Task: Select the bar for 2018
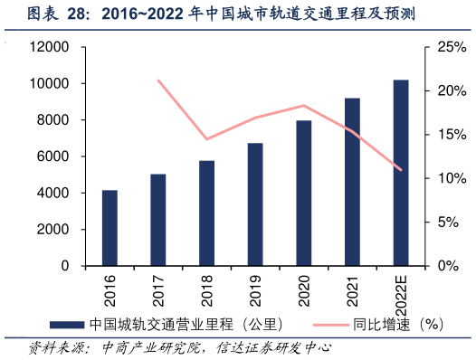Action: click(x=207, y=213)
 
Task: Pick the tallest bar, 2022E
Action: click(x=401, y=173)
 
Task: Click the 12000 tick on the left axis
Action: click(x=54, y=47)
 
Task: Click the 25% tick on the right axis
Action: click(x=450, y=47)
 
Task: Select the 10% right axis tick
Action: click(x=450, y=178)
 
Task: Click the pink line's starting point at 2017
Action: click(x=158, y=81)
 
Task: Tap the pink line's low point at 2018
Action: click(x=207, y=139)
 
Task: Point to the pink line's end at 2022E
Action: click(x=401, y=170)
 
